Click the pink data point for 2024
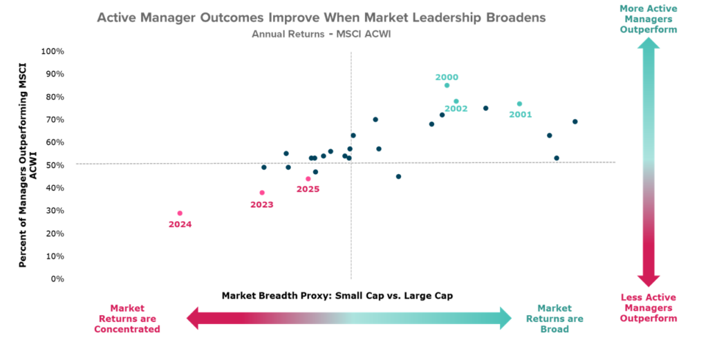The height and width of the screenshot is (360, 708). click(x=180, y=214)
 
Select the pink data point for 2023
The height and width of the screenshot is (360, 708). click(x=262, y=193)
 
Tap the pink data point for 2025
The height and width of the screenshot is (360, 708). click(x=308, y=179)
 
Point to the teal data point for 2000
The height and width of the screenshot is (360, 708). click(x=447, y=86)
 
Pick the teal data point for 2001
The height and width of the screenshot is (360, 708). click(x=520, y=104)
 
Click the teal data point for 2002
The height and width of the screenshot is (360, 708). click(x=456, y=102)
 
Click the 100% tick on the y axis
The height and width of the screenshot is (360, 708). click(x=53, y=51)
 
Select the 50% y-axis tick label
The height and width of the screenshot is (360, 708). click(x=55, y=165)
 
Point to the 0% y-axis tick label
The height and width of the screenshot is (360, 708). click(x=58, y=279)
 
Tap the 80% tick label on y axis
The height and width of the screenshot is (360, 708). click(x=55, y=97)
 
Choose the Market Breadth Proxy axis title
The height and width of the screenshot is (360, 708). click(x=337, y=296)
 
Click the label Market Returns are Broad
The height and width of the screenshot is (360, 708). click(x=555, y=319)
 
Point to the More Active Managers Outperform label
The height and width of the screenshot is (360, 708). click(x=648, y=19)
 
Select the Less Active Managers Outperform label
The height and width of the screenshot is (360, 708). click(x=648, y=307)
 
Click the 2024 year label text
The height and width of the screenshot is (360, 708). click(x=180, y=225)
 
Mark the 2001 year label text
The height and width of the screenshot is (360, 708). click(x=521, y=115)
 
